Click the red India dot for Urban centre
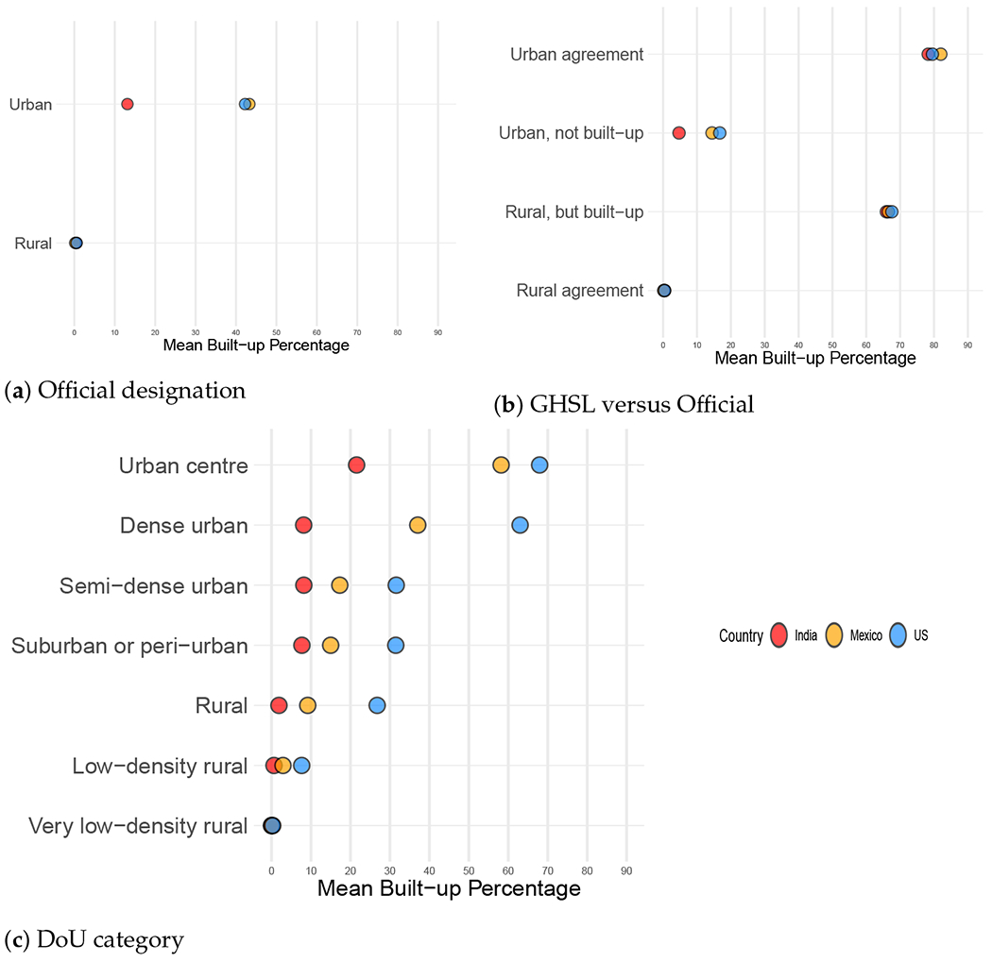[x=356, y=464]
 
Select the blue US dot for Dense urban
[x=520, y=525]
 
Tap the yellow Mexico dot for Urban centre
[x=501, y=464]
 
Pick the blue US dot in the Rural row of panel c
[x=377, y=705]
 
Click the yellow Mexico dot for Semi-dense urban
[x=339, y=585]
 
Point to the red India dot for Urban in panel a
[x=128, y=104]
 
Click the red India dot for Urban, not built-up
[x=678, y=133]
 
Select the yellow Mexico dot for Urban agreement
[x=940, y=55]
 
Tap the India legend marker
[x=779, y=635]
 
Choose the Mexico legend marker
[x=834, y=635]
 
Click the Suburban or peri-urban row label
[x=129, y=646]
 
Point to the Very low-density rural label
[x=138, y=826]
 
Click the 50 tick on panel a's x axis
[x=276, y=332]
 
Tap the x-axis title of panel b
[x=815, y=359]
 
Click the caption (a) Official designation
[x=125, y=389]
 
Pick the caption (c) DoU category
[x=94, y=939]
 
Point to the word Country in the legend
[x=740, y=635]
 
